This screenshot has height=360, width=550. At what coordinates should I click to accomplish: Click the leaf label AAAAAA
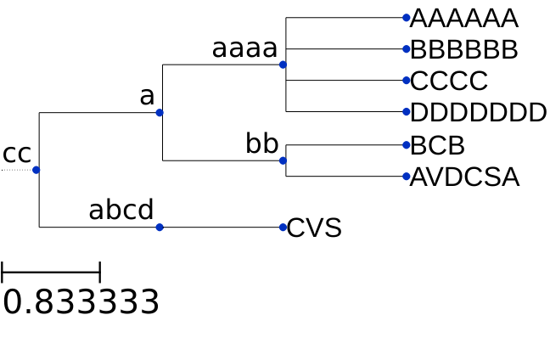coord(463,18)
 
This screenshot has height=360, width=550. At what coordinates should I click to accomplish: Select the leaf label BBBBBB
coord(463,49)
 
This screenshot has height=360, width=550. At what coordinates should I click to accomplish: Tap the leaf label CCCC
coord(449,81)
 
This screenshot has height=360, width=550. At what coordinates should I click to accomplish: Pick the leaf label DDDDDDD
coord(478,112)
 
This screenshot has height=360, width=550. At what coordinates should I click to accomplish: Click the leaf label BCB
coord(437,145)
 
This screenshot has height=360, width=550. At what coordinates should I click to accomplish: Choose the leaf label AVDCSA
coord(464,177)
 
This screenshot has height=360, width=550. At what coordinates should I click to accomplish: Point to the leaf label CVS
coord(314,228)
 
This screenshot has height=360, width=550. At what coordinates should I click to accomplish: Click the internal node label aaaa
coord(244,48)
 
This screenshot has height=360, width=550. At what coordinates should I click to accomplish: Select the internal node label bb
coord(261,144)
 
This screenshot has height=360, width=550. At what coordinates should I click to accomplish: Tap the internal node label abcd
coord(121,210)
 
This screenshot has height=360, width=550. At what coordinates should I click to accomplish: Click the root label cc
coord(17,154)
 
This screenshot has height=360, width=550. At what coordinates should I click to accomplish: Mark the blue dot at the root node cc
coord(36,170)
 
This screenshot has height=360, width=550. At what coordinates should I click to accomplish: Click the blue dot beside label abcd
coord(160,227)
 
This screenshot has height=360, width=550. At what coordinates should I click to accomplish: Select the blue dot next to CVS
coord(283,227)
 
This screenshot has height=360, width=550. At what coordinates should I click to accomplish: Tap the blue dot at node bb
coord(283,160)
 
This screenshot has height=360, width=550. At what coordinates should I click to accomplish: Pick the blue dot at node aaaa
coord(283,65)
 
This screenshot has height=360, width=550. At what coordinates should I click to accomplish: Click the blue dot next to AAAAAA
coord(407,17)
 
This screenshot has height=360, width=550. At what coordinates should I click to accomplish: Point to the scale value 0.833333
coord(81,302)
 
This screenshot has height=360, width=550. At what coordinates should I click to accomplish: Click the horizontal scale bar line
coord(51,273)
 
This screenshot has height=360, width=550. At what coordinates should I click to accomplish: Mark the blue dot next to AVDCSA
coord(407,177)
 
